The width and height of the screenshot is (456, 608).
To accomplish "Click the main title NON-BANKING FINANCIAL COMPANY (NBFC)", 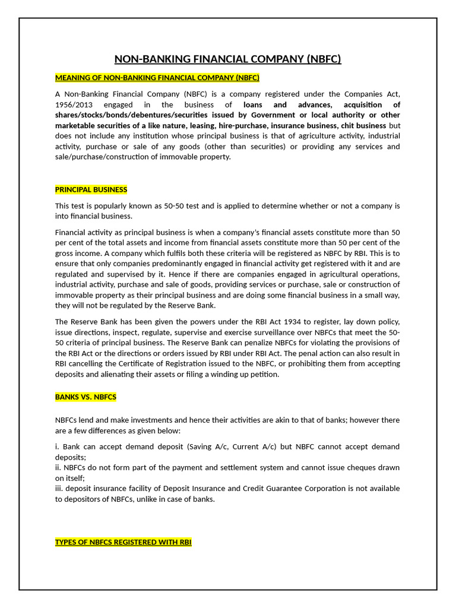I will click(x=227, y=59).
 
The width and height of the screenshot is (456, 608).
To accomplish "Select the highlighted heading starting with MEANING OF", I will click(x=157, y=78).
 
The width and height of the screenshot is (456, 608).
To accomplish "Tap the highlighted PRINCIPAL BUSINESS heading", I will click(x=91, y=190).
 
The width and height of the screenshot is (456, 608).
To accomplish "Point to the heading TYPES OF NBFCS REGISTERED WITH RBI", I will click(x=123, y=542).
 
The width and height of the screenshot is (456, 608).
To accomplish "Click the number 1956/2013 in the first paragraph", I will click(x=74, y=104).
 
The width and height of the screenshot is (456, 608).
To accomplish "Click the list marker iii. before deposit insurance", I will click(x=59, y=489).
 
